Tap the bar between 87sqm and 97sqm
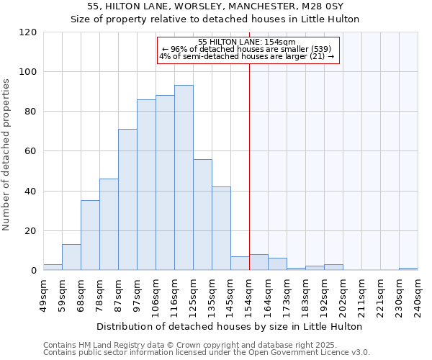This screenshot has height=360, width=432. (127, 199)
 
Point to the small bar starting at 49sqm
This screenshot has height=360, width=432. (53, 267)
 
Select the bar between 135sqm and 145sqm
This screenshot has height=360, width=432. (221, 228)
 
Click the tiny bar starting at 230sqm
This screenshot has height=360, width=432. (408, 269)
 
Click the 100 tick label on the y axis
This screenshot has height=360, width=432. (28, 72)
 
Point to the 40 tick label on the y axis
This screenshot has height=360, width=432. (31, 192)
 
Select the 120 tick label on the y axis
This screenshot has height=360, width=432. (28, 32)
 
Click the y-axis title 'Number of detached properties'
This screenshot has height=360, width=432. (6, 155)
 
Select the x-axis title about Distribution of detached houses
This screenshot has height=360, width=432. (229, 326)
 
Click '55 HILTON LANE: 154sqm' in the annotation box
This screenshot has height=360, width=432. (246, 42)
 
